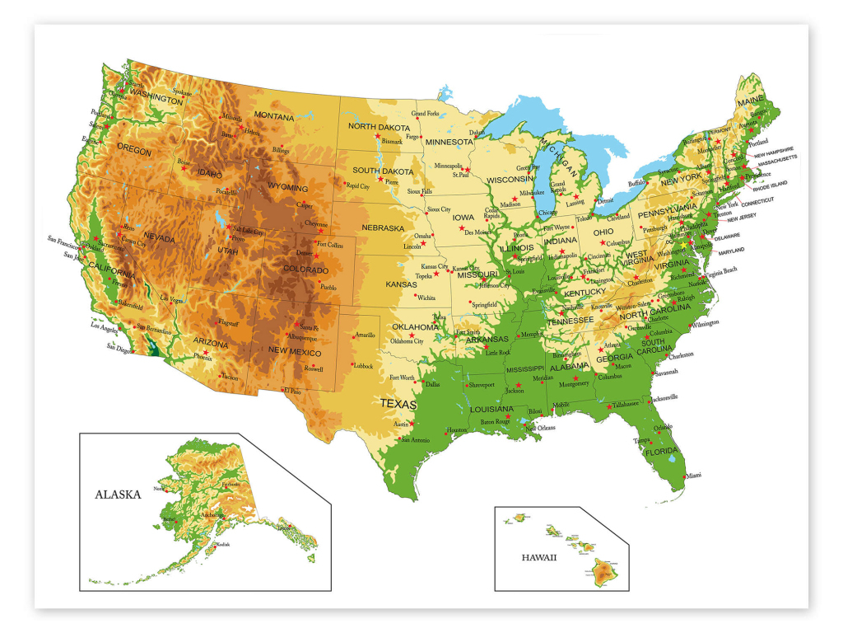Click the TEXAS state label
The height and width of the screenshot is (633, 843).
click(398, 404)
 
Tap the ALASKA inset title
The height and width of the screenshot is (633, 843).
click(118, 495)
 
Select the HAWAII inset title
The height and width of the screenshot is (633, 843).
click(539, 557)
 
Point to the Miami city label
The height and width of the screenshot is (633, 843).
click(693, 476)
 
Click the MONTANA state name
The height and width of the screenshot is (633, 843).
click(273, 117)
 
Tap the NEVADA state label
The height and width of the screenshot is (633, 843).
click(159, 238)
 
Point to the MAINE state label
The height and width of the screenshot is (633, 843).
click(751, 101)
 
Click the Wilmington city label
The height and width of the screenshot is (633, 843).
click(705, 323)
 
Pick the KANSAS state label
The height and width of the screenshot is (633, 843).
click(402, 284)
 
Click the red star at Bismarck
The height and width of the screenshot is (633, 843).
click(378, 136)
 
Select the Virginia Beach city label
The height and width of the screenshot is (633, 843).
click(720, 270)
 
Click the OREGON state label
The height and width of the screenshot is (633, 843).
click(134, 150)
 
